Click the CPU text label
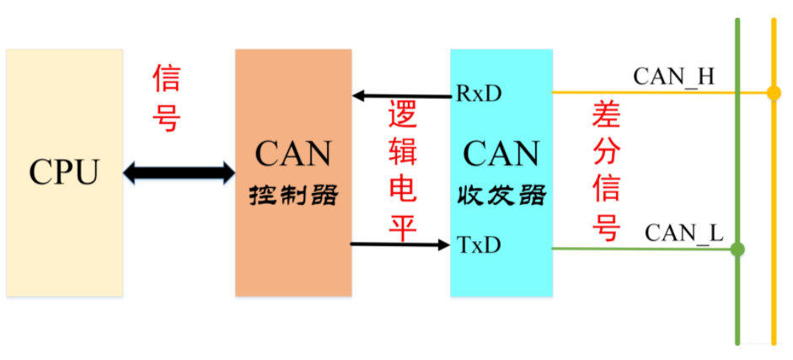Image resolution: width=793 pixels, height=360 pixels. [64, 172]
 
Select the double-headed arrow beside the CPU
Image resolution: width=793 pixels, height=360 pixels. [179, 174]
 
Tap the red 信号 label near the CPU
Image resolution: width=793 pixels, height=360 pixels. [166, 99]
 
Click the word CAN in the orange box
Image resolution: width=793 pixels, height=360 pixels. [293, 154]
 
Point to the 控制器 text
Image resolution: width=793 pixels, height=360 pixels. [293, 196]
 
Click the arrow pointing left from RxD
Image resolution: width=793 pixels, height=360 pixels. [401, 95]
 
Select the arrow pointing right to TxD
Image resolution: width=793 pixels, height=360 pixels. [401, 244]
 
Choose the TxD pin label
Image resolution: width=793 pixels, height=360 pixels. [479, 245]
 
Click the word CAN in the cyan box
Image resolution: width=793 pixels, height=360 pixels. [501, 154]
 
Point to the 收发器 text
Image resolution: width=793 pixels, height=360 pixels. [501, 196]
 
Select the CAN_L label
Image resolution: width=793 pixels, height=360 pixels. [683, 233]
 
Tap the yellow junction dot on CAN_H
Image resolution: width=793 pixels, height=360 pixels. [774, 93]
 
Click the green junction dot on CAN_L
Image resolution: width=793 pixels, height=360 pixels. [737, 250]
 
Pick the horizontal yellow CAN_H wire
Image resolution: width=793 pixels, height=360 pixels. [640, 92]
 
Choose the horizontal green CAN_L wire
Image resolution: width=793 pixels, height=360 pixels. [640, 249]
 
